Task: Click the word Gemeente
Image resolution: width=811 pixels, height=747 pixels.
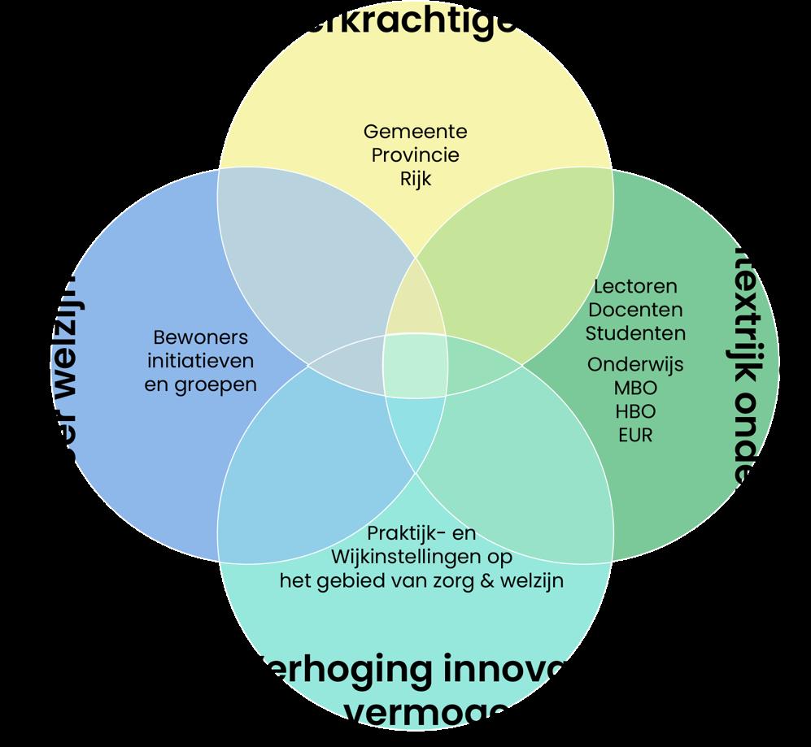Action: pyautogui.click(x=415, y=131)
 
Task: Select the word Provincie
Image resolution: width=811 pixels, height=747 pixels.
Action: pyautogui.click(x=415, y=154)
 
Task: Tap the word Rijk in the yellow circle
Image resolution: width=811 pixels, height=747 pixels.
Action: pyautogui.click(x=415, y=178)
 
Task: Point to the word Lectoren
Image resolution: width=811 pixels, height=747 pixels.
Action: pyautogui.click(x=635, y=286)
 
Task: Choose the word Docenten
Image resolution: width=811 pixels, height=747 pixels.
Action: pyautogui.click(x=635, y=310)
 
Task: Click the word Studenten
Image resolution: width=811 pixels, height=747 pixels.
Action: pyautogui.click(x=635, y=333)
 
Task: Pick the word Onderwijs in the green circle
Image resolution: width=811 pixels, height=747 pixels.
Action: pyautogui.click(x=635, y=363)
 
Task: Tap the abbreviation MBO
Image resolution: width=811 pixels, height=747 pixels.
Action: pyautogui.click(x=635, y=387)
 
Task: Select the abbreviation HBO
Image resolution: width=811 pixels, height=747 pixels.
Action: pyautogui.click(x=635, y=410)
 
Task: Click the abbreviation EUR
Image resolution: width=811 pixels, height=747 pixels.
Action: pyautogui.click(x=635, y=435)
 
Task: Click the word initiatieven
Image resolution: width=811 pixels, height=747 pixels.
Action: pyautogui.click(x=200, y=360)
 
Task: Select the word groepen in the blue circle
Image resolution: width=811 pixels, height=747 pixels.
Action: pyautogui.click(x=215, y=384)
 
